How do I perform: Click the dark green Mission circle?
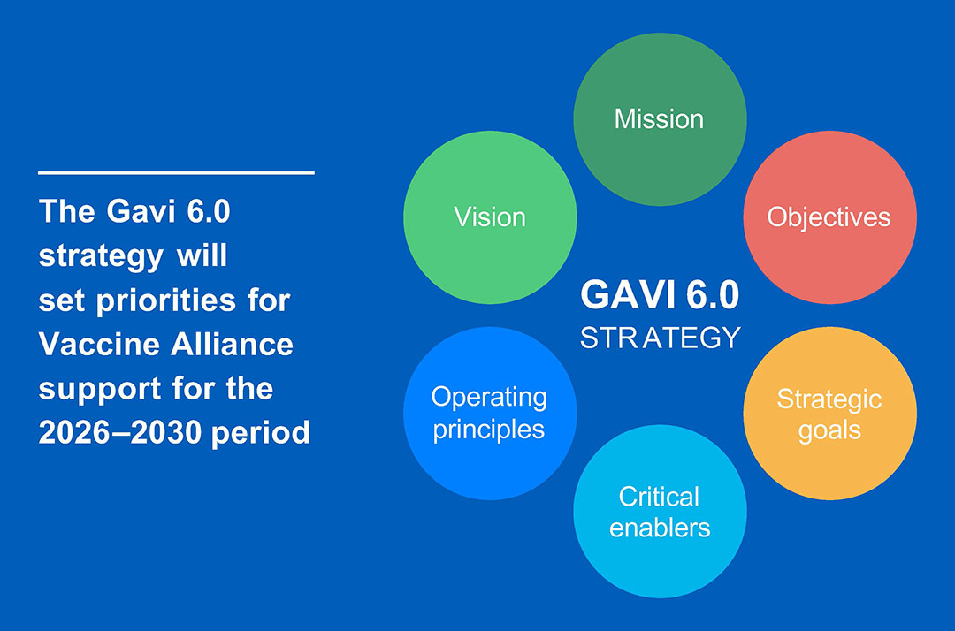(x=660, y=119)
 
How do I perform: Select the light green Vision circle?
(x=490, y=217)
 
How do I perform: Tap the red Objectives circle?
(x=829, y=217)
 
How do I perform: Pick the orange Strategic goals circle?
(x=829, y=414)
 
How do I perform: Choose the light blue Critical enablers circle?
(x=660, y=512)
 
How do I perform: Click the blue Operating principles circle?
(x=490, y=414)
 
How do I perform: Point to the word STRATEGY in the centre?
(x=660, y=338)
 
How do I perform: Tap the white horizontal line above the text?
(x=176, y=172)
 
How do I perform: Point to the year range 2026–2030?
(x=120, y=433)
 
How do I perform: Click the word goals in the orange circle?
(x=829, y=430)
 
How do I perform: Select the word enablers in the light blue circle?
(x=660, y=528)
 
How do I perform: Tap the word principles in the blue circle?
(x=490, y=430)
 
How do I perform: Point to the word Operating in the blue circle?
(x=490, y=398)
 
